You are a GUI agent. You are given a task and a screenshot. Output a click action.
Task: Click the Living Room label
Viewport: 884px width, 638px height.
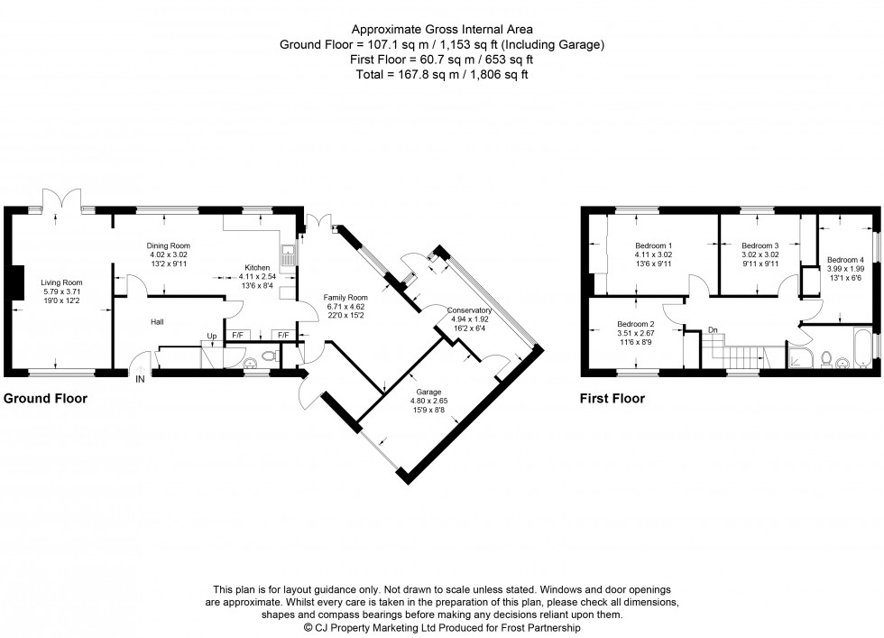[x=60, y=282]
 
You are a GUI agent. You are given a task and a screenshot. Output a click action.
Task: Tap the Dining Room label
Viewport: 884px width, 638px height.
[x=169, y=245]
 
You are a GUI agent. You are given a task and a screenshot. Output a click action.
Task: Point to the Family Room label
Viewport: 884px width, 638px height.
[x=346, y=298]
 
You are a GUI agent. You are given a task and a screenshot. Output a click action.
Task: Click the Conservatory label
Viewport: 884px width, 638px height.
[x=468, y=310]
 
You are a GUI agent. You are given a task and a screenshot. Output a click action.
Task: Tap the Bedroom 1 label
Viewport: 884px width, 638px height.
[x=653, y=245]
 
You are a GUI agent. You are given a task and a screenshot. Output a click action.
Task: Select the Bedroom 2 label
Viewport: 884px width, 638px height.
[x=635, y=324]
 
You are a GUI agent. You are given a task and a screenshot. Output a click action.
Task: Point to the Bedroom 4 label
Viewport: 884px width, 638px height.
[x=844, y=259]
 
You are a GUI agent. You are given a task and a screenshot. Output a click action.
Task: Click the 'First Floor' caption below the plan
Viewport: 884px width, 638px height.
[x=612, y=398]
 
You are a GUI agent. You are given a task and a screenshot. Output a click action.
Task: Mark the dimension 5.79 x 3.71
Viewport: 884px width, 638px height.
[x=60, y=292]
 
